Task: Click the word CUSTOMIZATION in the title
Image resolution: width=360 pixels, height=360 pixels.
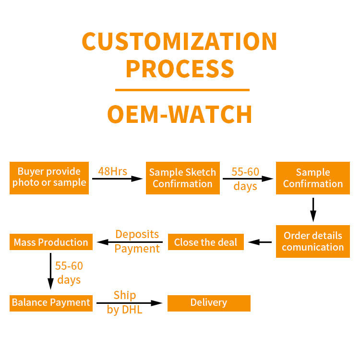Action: point(180,41)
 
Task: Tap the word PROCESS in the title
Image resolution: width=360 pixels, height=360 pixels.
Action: point(180,69)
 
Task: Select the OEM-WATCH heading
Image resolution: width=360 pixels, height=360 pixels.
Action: point(180,114)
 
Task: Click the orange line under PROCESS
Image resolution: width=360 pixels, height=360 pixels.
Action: point(182,90)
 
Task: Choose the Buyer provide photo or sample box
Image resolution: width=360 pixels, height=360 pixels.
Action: point(49,178)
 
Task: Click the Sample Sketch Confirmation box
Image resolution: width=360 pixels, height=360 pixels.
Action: point(183,178)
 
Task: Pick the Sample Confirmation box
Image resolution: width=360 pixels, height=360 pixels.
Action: point(313,178)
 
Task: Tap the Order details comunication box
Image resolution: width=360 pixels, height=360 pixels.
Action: point(313,241)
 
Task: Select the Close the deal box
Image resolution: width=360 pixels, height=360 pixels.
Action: point(206,242)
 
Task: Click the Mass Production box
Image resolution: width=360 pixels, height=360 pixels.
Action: point(51,242)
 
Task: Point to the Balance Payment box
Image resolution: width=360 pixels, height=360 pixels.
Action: point(51,303)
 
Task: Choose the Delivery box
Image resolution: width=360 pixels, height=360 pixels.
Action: point(209,303)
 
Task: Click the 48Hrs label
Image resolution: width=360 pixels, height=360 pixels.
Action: point(112,171)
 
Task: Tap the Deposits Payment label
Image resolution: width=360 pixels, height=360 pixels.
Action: point(137,241)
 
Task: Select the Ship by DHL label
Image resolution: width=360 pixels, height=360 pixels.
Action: point(125,302)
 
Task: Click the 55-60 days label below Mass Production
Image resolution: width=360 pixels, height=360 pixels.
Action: point(69,273)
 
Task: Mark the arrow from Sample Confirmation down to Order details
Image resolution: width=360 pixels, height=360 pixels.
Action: point(313,210)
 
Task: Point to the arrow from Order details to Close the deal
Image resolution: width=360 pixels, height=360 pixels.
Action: point(260,242)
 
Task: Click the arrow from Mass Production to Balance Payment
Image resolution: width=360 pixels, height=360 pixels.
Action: point(50,271)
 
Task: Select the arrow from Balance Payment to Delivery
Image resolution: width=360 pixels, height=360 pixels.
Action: point(130,303)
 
